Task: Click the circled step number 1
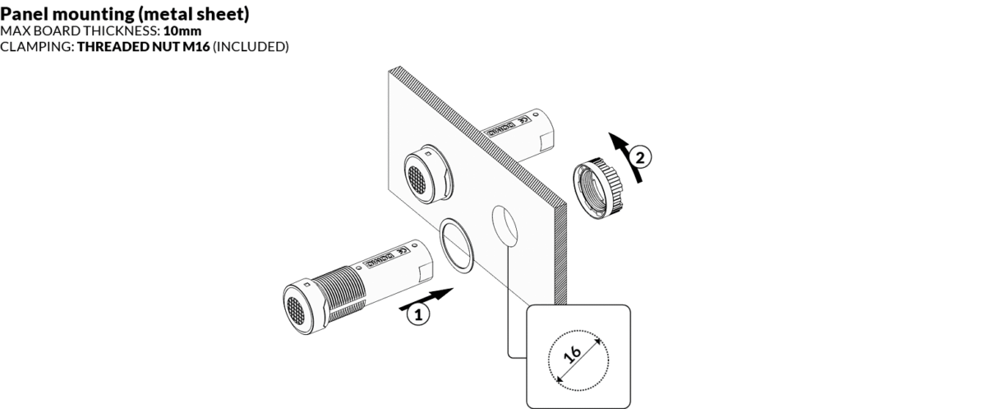click(x=418, y=314)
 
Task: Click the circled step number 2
click(x=644, y=154)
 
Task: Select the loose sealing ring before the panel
click(x=457, y=244)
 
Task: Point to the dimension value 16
click(x=573, y=356)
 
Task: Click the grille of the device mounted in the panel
click(x=417, y=174)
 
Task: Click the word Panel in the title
click(x=24, y=16)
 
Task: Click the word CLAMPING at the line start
click(x=36, y=47)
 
